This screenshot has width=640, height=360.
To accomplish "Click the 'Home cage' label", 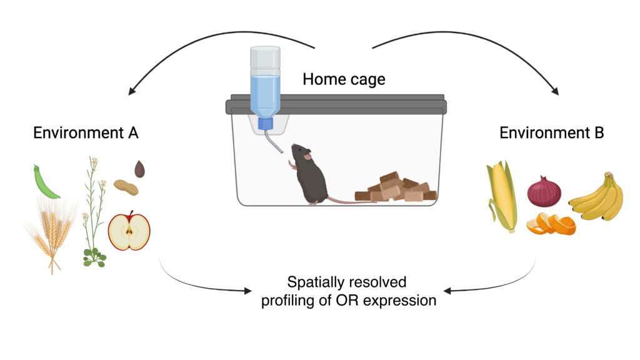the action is click(344, 79).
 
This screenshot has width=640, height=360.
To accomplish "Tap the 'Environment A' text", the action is click(86, 132).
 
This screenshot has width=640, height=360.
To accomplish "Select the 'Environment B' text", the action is click(551, 132).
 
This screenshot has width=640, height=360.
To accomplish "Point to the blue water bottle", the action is click(265, 87).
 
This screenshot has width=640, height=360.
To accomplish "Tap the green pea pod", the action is click(45, 182).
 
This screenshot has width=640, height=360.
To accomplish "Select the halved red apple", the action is click(129, 231).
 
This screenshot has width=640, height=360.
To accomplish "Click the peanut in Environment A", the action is click(126, 187).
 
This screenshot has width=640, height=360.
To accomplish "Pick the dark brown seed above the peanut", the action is click(139, 169).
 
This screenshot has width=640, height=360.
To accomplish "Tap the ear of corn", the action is click(502, 196).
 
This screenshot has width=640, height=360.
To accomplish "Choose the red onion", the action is click(544, 191).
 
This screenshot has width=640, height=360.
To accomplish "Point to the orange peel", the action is click(551, 224).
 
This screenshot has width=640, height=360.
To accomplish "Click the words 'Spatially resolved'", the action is click(346, 282).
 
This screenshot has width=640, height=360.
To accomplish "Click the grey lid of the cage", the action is click(336, 104).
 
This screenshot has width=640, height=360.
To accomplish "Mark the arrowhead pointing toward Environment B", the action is click(556, 91).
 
